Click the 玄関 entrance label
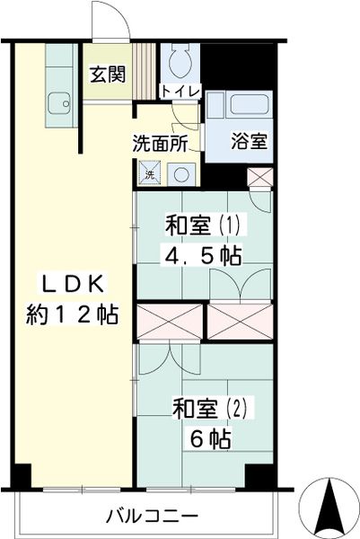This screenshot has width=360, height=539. click(108, 75)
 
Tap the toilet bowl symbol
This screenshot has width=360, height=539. click(180, 62)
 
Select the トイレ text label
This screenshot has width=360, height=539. click(180, 92)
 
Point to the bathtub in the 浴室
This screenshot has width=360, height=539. click(249, 104)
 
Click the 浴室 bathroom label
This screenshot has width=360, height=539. click(249, 141)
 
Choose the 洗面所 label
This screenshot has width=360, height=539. click(161, 144)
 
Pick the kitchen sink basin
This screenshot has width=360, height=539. click(60, 103)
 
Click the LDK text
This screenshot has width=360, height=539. click(72, 284)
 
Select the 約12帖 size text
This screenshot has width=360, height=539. click(73, 314)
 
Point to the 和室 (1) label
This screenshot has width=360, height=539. click(206, 225)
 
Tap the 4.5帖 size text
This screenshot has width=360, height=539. click(202, 256)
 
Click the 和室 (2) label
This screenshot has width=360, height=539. click(210, 408)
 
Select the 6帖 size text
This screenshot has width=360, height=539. click(210, 439)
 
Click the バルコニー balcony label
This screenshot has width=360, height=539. click(153, 516)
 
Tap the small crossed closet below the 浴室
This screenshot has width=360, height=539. click(260, 178)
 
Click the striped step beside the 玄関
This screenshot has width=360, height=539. click(145, 72)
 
